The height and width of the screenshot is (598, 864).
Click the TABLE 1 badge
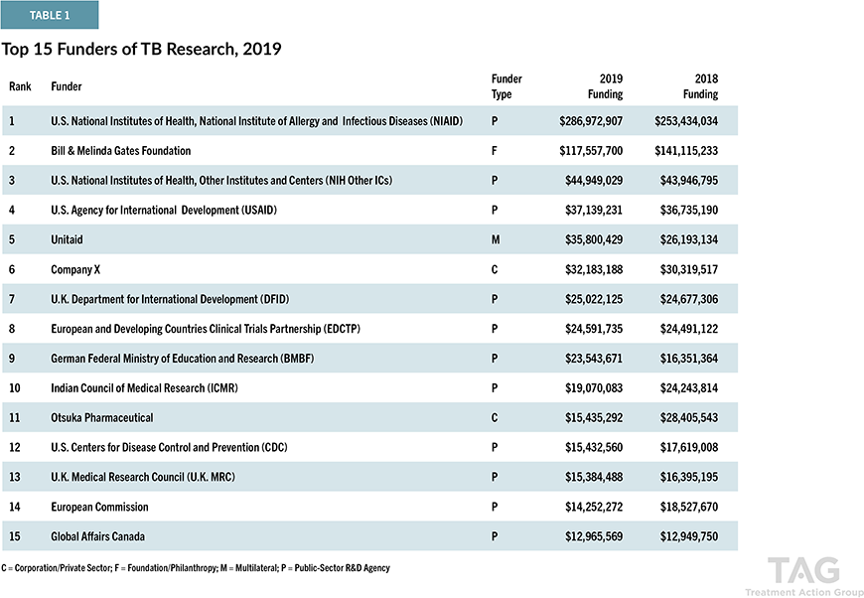tap(50, 15)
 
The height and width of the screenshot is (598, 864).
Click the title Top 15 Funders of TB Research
tap(141, 49)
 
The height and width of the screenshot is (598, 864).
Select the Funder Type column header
tap(506, 86)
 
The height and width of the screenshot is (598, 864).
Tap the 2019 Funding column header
tap(605, 86)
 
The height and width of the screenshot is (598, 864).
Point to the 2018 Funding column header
tap(700, 86)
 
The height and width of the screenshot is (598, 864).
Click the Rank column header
tap(20, 86)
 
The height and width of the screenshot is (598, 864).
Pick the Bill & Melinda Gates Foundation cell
tap(121, 150)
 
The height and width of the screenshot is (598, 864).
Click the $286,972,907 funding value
tap(591, 121)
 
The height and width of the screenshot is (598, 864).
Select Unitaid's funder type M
tap(496, 239)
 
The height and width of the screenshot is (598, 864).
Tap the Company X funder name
tap(75, 269)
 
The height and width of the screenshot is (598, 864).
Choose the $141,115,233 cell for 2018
tap(686, 150)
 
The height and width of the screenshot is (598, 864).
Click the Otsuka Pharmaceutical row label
tap(102, 418)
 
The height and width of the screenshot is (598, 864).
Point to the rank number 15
tap(15, 536)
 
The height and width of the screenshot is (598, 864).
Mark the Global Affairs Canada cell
tap(97, 536)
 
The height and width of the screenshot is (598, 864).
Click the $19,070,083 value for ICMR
tap(594, 388)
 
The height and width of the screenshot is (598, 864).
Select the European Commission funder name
tap(99, 507)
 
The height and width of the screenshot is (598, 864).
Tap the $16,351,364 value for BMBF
tap(689, 359)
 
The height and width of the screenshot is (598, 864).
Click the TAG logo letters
tap(804, 570)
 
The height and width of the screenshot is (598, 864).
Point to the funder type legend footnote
tap(196, 567)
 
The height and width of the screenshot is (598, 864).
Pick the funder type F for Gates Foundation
tap(495, 150)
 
